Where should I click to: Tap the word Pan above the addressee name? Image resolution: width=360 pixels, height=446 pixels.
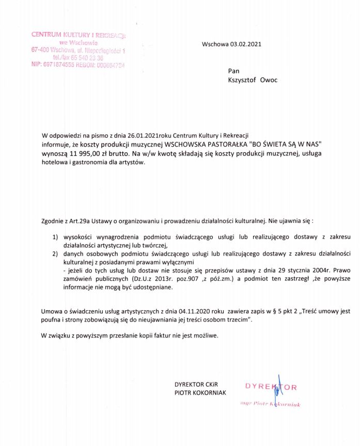pyautogui.click(x=233, y=71)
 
